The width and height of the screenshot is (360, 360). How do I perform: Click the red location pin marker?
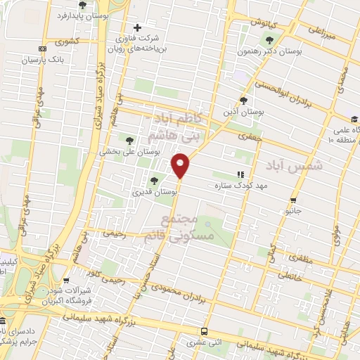181,167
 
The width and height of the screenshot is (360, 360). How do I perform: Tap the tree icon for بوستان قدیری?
154,181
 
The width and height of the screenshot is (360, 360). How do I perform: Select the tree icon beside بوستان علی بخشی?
128,140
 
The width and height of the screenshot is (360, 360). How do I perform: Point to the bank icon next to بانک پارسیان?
43,49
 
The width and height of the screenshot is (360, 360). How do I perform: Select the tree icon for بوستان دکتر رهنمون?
269,40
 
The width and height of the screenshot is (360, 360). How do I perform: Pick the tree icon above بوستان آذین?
243,101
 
